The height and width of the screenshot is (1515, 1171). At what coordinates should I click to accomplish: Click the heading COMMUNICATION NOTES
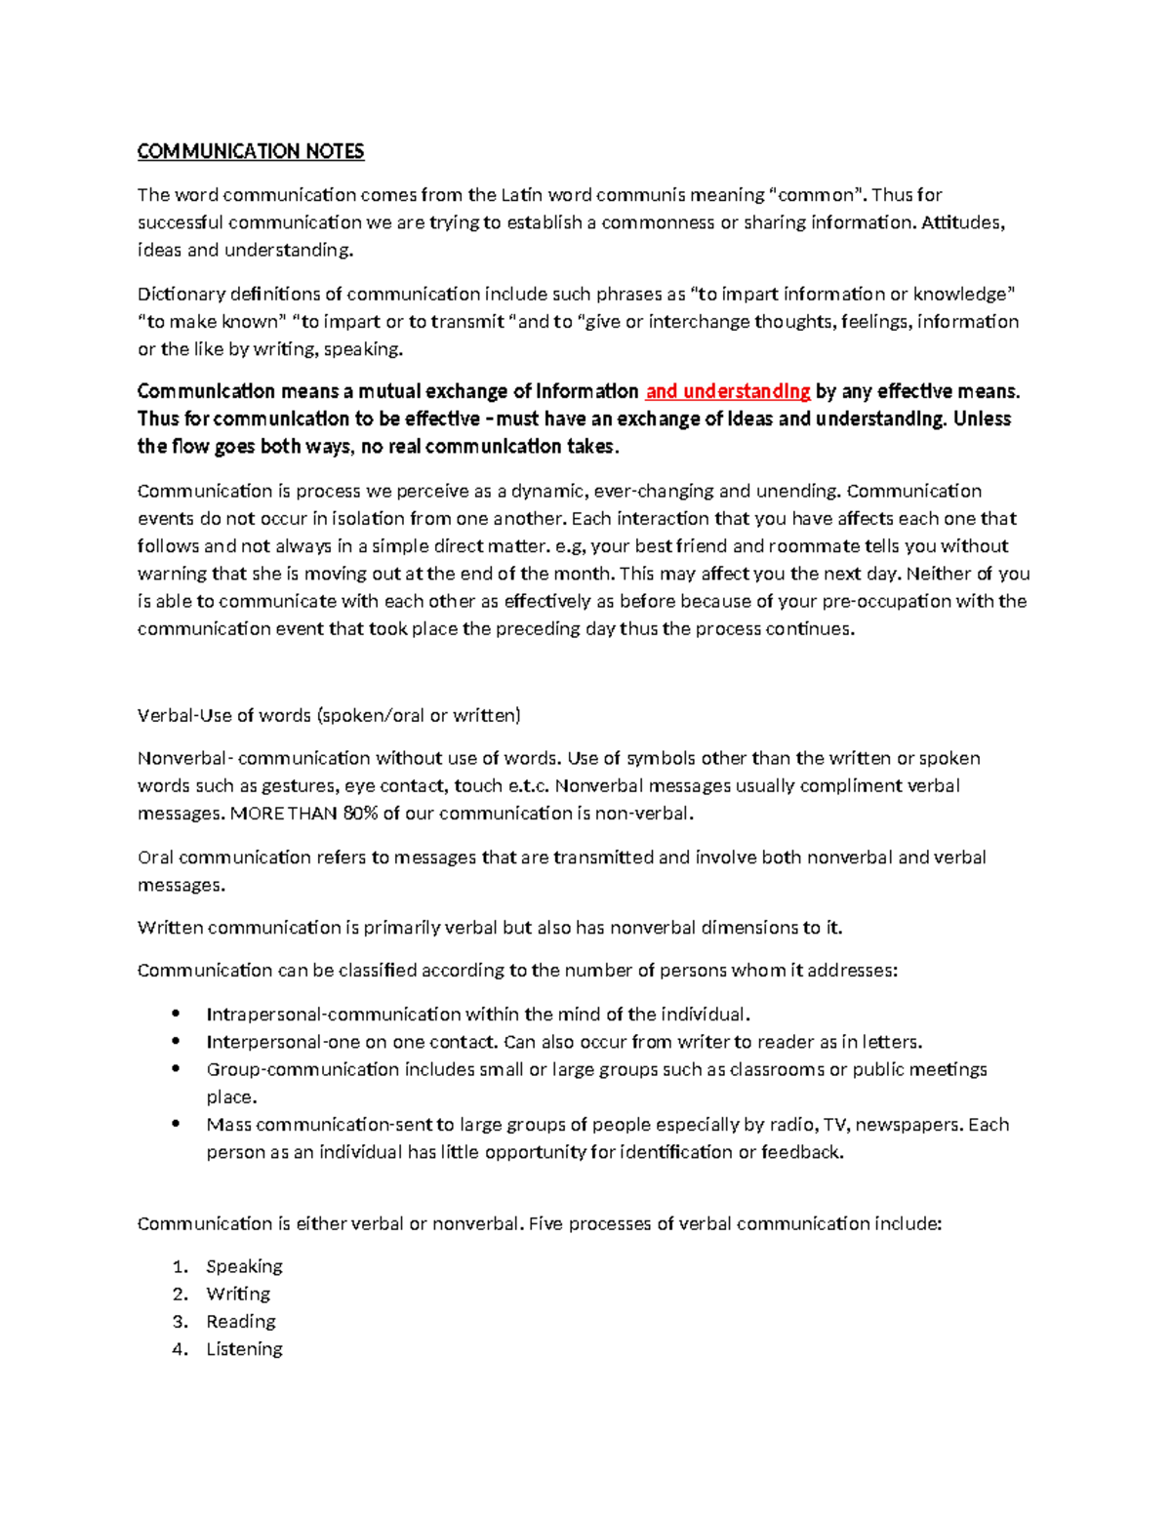pyautogui.click(x=251, y=151)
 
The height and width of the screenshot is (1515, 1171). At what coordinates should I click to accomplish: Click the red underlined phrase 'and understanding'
pyautogui.click(x=728, y=391)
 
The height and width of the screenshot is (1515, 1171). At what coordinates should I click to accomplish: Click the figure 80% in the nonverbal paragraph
pyautogui.click(x=360, y=813)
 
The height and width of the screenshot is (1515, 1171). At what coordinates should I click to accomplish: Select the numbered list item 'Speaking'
pyautogui.click(x=244, y=1266)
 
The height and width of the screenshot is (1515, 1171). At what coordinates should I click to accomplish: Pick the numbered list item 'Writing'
pyautogui.click(x=238, y=1294)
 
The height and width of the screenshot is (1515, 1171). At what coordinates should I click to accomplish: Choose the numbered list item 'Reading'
pyautogui.click(x=241, y=1321)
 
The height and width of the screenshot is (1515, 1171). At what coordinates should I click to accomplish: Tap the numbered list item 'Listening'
pyautogui.click(x=244, y=1348)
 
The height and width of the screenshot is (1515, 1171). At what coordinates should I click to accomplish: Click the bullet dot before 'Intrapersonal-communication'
pyautogui.click(x=176, y=1014)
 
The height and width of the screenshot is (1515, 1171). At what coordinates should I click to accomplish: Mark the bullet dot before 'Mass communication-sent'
pyautogui.click(x=176, y=1124)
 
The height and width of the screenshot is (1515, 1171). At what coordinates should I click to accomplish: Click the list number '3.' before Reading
pyautogui.click(x=180, y=1321)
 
